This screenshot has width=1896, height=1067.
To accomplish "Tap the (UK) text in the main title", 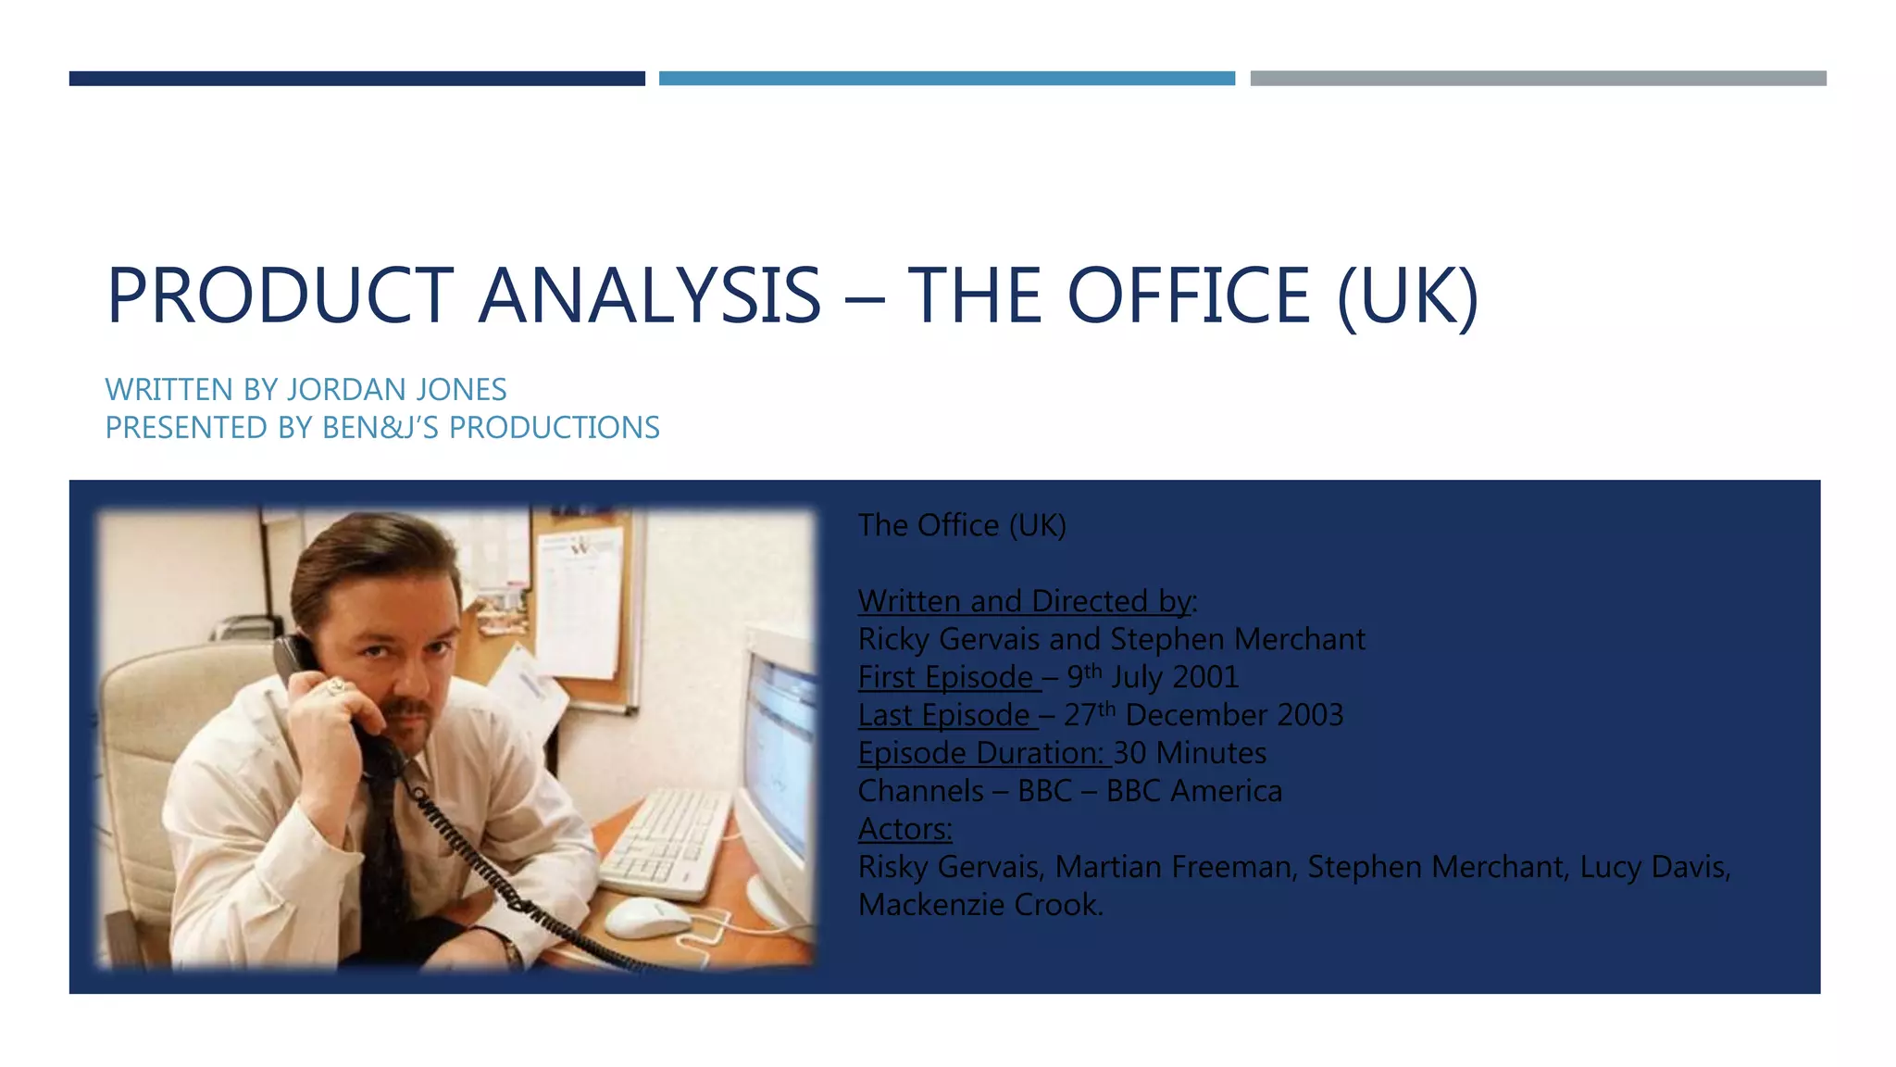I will point(1407,295).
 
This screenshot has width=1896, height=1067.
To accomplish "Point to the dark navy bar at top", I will point(356,79).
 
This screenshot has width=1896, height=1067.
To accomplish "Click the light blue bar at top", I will point(946,79).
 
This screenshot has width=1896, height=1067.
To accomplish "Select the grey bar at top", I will point(1538,79).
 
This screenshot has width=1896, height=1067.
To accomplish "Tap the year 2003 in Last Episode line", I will point(1309,715).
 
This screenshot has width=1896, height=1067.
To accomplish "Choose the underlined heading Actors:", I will point(904,829).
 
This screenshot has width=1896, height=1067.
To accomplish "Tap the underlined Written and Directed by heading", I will point(1026,601).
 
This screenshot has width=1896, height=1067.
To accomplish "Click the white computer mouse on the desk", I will point(647,917).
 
